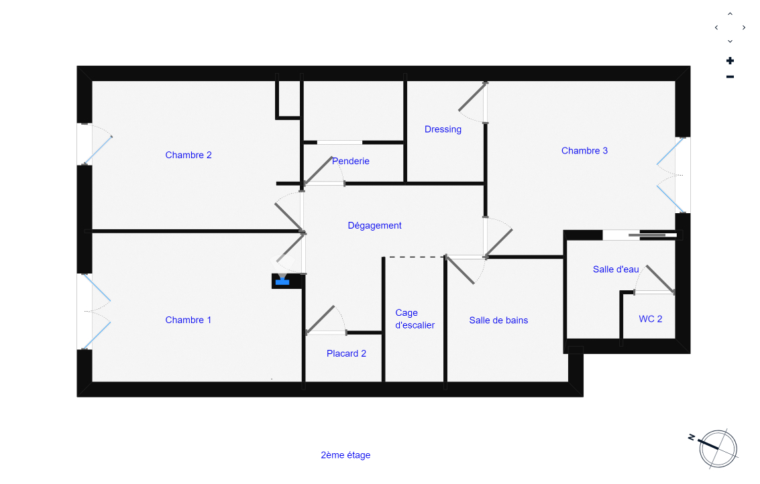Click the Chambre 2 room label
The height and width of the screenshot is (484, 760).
point(188,155)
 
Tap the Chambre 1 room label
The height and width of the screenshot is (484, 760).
point(188,320)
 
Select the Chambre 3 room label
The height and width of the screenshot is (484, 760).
point(584,151)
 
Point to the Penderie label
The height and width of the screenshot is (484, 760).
point(351,161)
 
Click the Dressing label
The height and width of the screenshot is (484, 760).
point(443,129)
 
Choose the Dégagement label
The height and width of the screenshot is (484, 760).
point(374,225)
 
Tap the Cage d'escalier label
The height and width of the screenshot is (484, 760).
point(415,319)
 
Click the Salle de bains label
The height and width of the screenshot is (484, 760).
point(498,320)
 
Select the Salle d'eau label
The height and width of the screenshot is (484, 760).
point(616,269)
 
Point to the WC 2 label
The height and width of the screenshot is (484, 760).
point(650,319)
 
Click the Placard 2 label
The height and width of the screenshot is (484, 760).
point(346,353)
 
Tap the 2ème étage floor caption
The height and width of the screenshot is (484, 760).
point(345,455)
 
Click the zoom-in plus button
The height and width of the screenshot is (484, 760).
point(730,61)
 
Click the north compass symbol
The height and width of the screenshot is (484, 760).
point(717,448)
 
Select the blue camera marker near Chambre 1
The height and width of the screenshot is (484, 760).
point(282,281)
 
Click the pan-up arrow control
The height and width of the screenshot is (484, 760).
point(730,13)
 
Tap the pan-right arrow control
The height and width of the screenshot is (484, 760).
point(744,27)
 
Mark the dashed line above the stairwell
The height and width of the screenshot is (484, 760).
point(413,257)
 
